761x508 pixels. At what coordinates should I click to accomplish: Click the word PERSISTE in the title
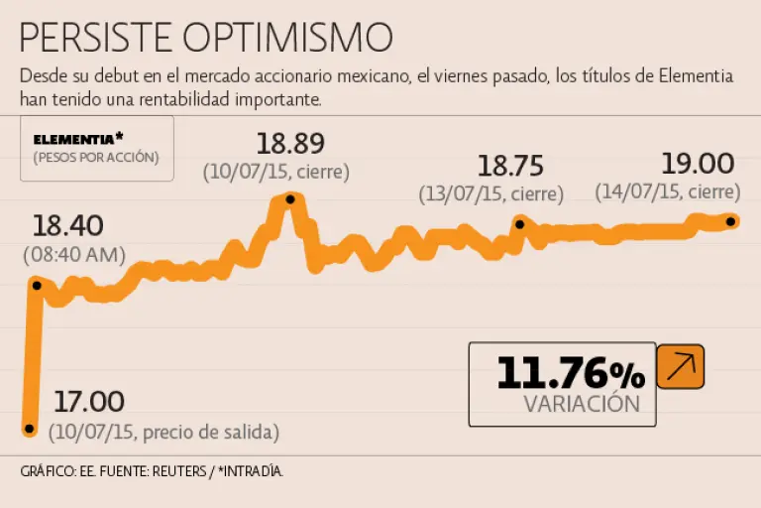click(96, 39)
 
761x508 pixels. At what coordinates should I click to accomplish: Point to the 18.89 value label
click(290, 144)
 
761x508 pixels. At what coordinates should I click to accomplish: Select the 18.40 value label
click(67, 225)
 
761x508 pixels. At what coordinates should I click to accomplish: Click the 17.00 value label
click(88, 402)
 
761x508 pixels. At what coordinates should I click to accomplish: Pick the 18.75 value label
click(511, 165)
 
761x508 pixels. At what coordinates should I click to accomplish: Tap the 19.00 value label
click(699, 164)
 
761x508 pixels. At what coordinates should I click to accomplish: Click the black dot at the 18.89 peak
click(290, 199)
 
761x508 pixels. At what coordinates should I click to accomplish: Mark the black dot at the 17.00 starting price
click(29, 430)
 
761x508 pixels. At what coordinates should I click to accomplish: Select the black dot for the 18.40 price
click(37, 285)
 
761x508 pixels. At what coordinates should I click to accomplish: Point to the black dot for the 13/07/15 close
click(519, 224)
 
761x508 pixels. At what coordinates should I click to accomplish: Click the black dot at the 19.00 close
click(730, 221)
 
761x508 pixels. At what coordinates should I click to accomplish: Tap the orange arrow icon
click(681, 367)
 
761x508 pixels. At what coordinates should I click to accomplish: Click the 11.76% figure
click(570, 374)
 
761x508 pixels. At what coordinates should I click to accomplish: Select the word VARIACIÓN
click(582, 404)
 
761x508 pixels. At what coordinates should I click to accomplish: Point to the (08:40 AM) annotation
click(74, 255)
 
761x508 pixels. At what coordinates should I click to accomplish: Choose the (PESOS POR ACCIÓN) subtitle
click(95, 158)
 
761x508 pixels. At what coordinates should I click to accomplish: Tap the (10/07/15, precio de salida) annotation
click(164, 432)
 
